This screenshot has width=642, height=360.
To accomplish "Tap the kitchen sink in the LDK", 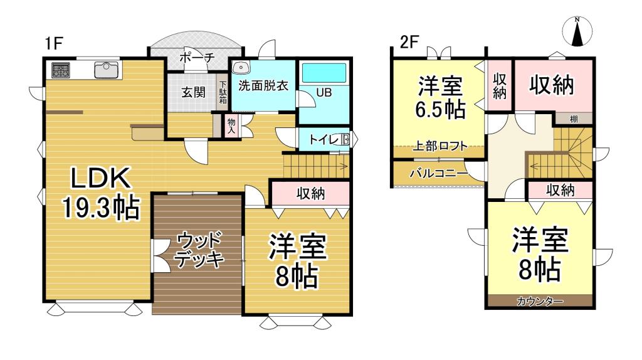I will click(x=107, y=69).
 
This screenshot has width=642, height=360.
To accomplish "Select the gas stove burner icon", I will click(x=60, y=70).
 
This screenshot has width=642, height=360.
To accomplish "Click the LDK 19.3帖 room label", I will click(x=100, y=193).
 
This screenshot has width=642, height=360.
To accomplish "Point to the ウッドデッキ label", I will click(x=199, y=249).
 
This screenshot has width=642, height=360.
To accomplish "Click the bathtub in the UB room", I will click(x=324, y=73).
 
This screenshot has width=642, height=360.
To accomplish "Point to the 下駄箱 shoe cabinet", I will click(x=223, y=93).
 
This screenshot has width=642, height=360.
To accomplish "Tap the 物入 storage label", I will click(x=230, y=125).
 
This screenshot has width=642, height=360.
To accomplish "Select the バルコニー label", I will click(x=438, y=173).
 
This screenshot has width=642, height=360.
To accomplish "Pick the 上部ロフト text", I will click(x=439, y=147).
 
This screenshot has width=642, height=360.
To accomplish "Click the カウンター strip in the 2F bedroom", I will click(x=540, y=302).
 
